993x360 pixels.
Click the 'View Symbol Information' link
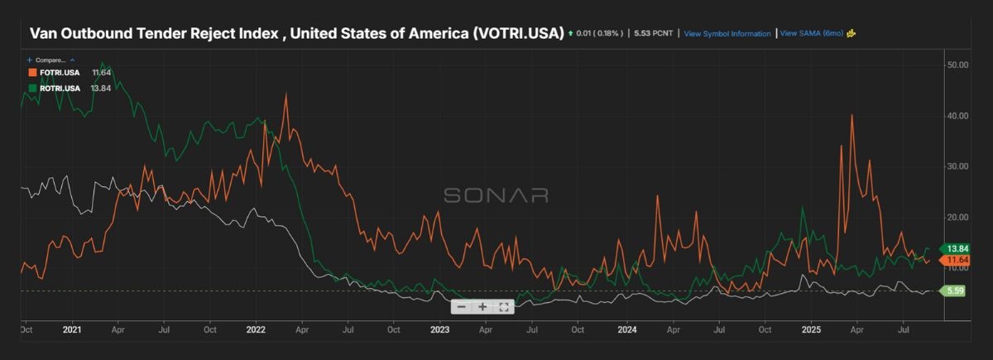[x=727, y=34]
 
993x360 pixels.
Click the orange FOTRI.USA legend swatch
[x=32, y=73]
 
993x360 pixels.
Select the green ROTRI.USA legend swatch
[x=32, y=89]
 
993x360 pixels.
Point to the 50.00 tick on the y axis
[x=958, y=65]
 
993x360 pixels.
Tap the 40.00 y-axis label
[x=958, y=116]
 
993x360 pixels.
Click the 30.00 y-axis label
[x=958, y=166]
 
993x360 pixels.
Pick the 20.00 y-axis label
[x=958, y=217]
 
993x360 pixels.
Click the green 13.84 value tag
[x=958, y=248]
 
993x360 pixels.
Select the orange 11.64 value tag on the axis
[x=958, y=261]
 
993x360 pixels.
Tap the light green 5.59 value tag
[x=956, y=290]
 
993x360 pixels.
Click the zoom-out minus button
[x=462, y=307]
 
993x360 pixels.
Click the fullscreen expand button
[x=503, y=307]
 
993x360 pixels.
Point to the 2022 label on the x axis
[x=254, y=329]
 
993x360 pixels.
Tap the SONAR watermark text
[x=496, y=195]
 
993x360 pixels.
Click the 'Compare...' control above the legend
[x=51, y=60]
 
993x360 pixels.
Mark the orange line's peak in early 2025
[x=852, y=115]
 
